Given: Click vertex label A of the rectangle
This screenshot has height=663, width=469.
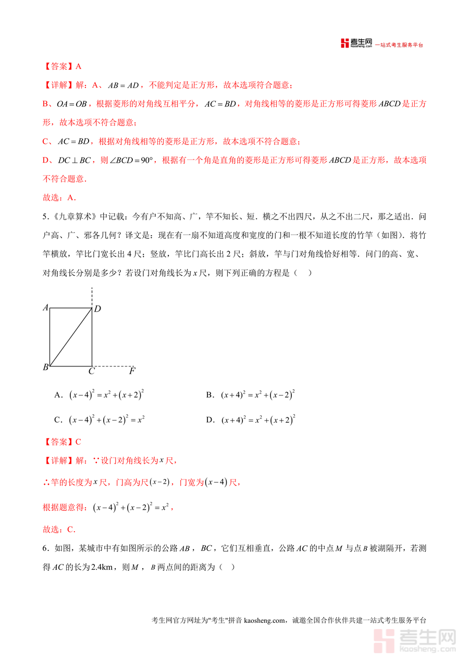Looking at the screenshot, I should click(x=45, y=308).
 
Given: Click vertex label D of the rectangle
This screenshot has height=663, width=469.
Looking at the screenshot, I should click(x=97, y=309).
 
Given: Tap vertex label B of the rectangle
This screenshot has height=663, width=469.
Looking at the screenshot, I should click(x=45, y=367).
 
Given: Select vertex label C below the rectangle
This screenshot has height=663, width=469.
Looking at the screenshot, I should click(x=91, y=371).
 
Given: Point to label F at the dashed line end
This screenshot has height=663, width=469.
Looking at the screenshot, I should click(x=132, y=371).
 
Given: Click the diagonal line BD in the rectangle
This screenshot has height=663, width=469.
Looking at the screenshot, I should click(x=70, y=337).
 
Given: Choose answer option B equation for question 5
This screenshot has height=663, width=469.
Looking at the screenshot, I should click(x=258, y=395).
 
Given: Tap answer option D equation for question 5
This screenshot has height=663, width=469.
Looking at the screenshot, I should click(x=258, y=420).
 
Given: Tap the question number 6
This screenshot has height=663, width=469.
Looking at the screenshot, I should click(x=44, y=548).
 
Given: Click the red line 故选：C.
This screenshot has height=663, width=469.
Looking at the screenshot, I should click(x=58, y=530).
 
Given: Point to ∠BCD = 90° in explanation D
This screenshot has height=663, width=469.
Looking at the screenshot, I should click(x=132, y=161).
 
